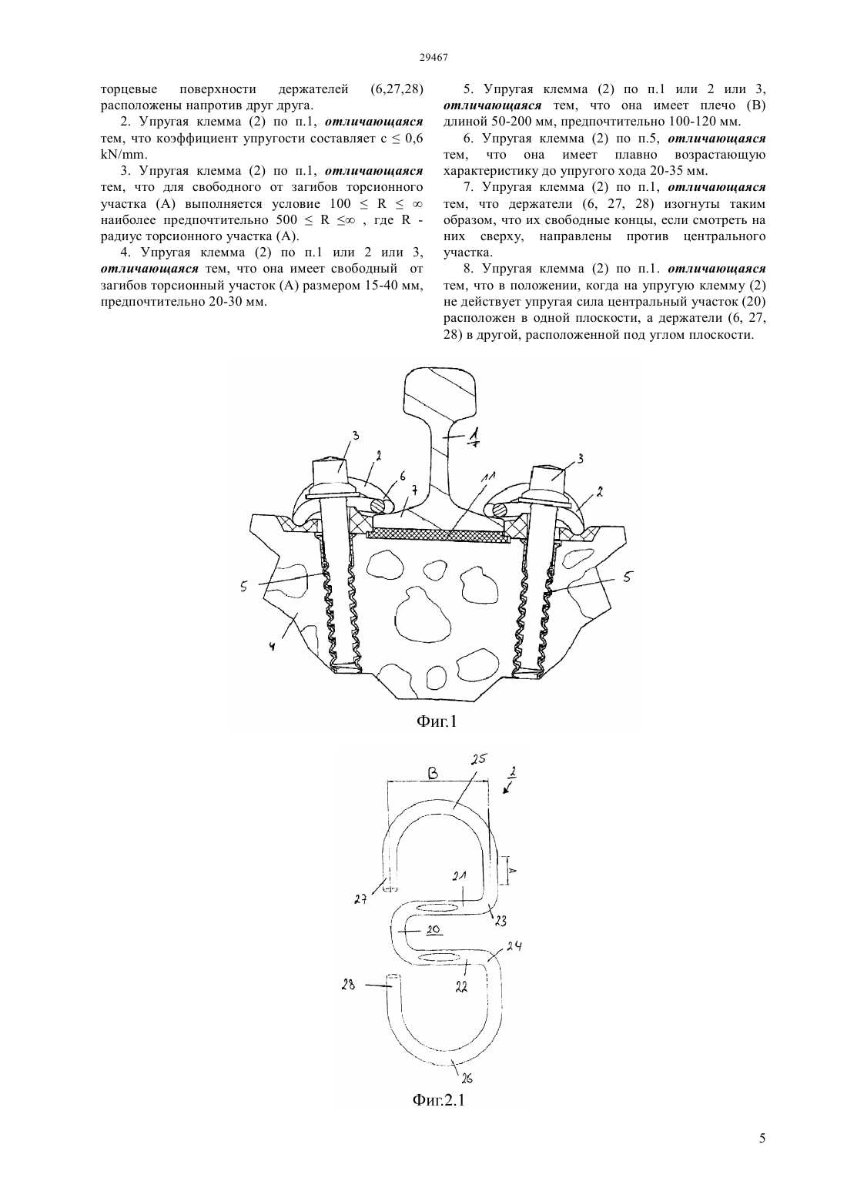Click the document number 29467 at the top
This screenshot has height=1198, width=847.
[433, 58]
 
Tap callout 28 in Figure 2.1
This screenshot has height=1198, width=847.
[348, 983]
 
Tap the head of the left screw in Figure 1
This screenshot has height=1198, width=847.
[329, 470]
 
